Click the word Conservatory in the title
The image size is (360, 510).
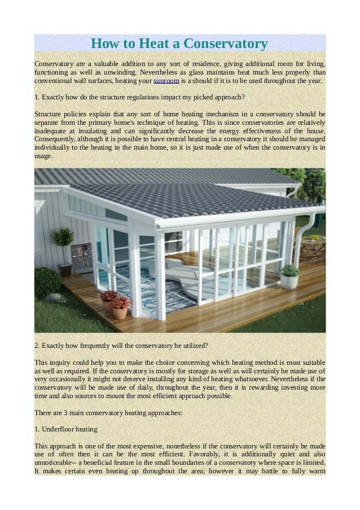[x=226, y=43]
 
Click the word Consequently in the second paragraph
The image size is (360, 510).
[x=57, y=138]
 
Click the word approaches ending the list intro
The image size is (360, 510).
[x=164, y=412]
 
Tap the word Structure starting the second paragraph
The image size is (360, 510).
[x=50, y=114]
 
